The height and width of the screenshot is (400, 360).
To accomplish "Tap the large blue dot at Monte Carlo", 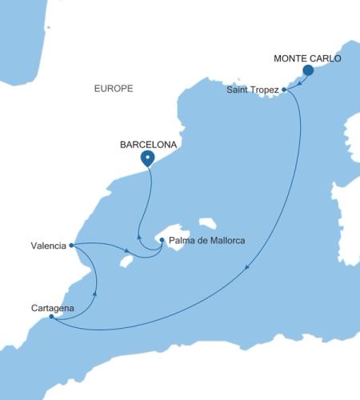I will pos(307,71).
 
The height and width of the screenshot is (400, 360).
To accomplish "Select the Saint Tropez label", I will pos(253,90).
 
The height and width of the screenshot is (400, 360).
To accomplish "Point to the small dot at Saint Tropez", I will pos(284,90).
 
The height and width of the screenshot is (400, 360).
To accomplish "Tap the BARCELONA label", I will pos(147,145).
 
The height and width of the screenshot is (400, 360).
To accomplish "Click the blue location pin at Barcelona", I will pos(147,158).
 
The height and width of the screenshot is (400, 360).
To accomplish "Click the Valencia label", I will pos(46,246).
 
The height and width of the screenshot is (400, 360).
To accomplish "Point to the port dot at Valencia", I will pos(72,245).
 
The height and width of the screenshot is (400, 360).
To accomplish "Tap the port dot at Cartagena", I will pos(52,317).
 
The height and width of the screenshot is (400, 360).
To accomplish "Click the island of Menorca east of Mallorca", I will pos(209,222).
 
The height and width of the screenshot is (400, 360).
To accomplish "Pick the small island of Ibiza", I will pos(125,260).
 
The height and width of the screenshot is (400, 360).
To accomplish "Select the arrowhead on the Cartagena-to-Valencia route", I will pos(95,292).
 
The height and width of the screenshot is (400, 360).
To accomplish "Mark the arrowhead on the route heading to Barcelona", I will pos(141,238).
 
